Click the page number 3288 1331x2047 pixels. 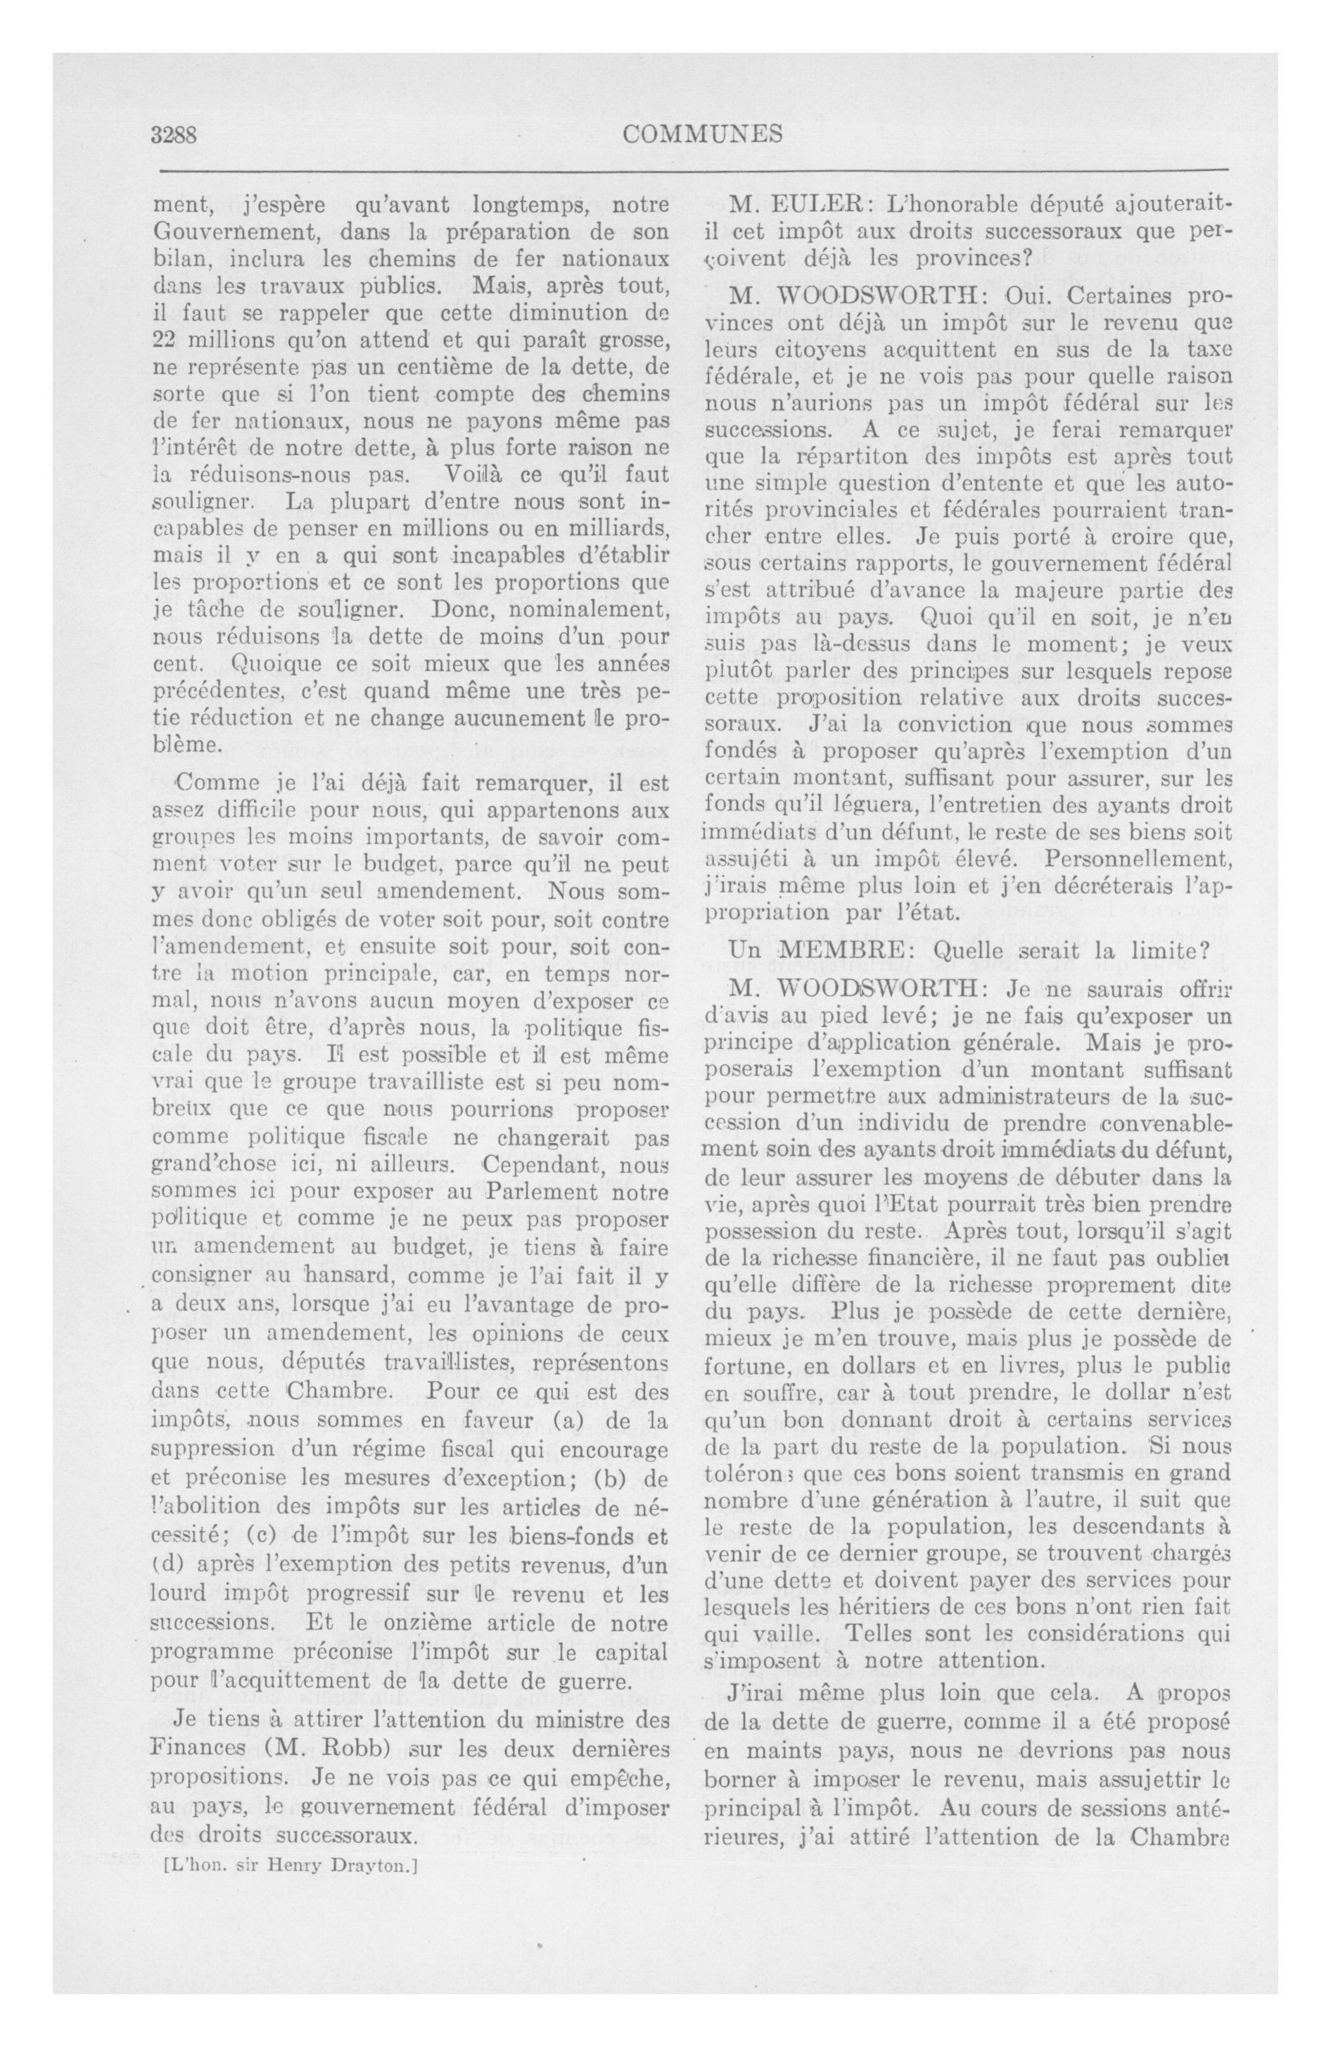[x=174, y=135]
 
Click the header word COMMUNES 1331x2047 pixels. [x=703, y=134]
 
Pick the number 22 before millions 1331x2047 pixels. [x=163, y=340]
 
